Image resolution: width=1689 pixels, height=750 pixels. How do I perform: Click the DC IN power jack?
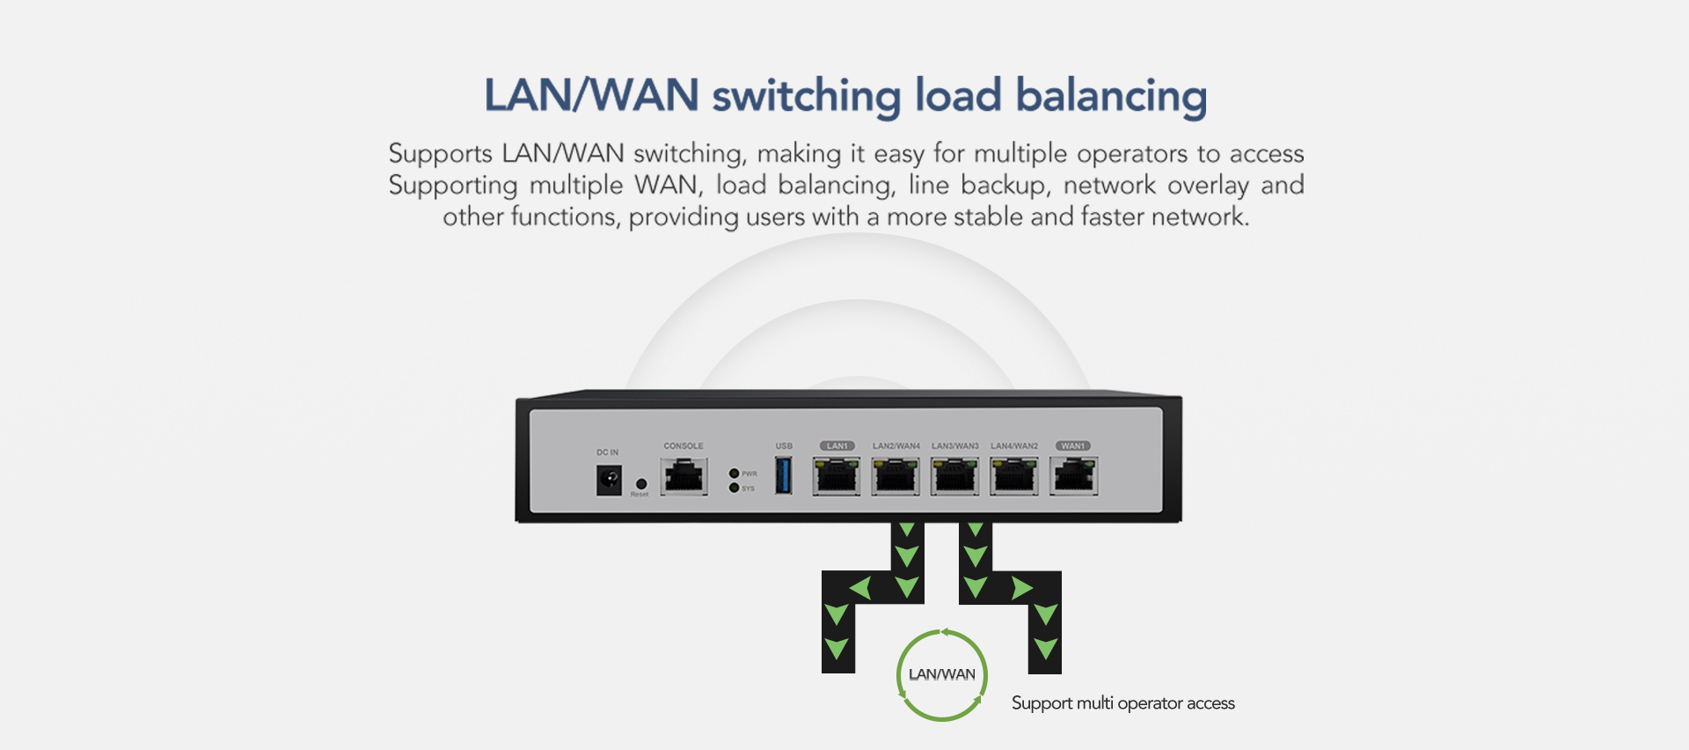[609, 480]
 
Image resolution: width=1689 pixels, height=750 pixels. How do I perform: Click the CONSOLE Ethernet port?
[684, 478]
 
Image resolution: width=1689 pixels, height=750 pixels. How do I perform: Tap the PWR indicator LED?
[735, 474]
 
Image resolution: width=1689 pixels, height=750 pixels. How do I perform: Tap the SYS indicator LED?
[735, 488]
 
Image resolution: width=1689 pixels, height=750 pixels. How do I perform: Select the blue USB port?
[783, 475]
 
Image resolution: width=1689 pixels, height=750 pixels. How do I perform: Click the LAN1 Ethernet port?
[837, 478]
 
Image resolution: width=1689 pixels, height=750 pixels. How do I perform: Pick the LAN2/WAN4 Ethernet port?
[896, 478]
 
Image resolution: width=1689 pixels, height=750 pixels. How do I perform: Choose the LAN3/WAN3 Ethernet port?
[954, 478]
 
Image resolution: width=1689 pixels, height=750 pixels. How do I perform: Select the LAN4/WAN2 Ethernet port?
[1013, 478]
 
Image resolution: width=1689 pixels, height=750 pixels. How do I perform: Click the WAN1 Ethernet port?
[1073, 478]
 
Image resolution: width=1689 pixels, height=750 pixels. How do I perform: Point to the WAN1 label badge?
[1073, 446]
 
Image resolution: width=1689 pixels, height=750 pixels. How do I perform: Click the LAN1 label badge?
[837, 446]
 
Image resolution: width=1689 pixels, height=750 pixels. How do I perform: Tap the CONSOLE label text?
[684, 446]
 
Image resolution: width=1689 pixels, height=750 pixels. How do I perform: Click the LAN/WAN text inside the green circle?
[941, 675]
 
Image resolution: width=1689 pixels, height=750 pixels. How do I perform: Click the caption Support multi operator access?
[1122, 703]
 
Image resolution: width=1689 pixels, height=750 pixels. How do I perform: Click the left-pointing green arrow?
[860, 587]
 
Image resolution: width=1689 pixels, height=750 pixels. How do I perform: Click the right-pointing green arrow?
[1021, 587]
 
